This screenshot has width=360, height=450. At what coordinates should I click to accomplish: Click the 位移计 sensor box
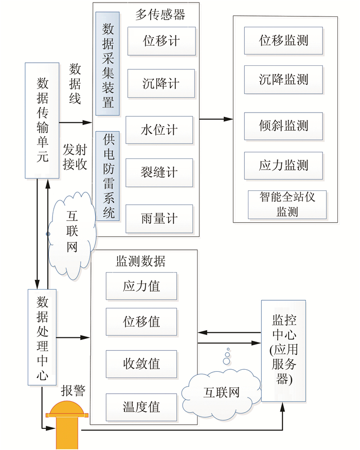(x=161, y=41)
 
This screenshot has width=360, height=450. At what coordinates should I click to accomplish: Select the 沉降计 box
(x=161, y=84)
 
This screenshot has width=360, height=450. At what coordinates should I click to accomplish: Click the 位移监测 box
(x=283, y=41)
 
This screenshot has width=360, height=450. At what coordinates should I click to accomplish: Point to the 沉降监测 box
(x=283, y=79)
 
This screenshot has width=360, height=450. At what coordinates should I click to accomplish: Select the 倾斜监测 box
(x=283, y=125)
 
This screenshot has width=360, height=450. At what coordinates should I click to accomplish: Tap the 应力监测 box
(x=283, y=165)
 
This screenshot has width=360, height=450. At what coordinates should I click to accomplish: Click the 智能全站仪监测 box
(x=287, y=204)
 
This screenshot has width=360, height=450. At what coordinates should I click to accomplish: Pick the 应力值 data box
(x=141, y=286)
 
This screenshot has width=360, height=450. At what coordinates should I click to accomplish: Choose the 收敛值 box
(x=141, y=364)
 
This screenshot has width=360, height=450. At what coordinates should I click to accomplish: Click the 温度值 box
(x=141, y=407)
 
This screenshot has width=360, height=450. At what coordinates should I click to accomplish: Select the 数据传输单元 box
(x=42, y=120)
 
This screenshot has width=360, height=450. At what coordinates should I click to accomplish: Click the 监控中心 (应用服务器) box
(x=283, y=351)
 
